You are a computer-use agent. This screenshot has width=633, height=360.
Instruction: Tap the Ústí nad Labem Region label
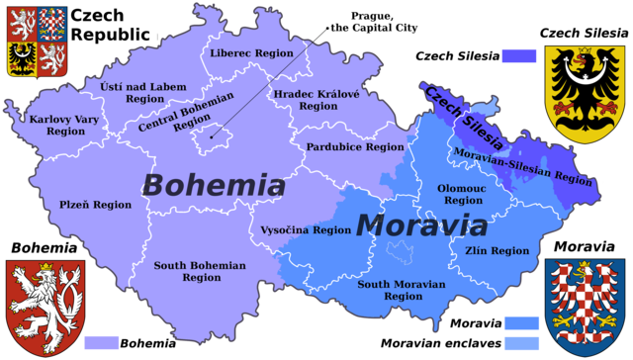(143, 93)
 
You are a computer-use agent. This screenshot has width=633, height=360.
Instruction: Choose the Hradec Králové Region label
(317, 99)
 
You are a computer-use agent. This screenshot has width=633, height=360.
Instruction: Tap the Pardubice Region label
(356, 146)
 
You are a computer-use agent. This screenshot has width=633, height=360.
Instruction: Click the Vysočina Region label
(306, 229)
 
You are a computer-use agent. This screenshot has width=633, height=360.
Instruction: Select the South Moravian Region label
(402, 290)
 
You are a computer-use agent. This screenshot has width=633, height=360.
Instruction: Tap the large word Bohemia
(214, 185)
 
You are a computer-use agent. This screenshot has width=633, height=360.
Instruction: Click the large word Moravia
(421, 225)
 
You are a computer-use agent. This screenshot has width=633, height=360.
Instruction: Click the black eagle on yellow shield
(585, 93)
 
